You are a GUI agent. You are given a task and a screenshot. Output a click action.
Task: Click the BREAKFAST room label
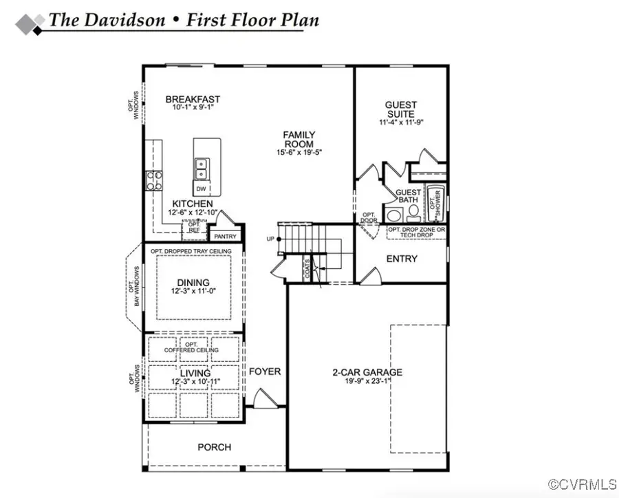coord(193,100)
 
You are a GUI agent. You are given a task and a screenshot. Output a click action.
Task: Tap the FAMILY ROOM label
coord(299,139)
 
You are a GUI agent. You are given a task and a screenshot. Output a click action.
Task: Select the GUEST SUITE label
coord(400,109)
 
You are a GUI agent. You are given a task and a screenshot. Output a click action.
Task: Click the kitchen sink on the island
coord(202,165)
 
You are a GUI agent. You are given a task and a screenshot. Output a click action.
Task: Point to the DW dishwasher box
coord(201,188)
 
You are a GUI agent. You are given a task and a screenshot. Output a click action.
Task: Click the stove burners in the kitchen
coord(153,180)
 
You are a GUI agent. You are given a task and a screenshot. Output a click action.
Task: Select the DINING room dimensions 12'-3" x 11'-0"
coord(194,291)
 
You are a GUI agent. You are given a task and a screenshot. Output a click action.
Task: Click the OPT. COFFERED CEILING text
coord(191,347)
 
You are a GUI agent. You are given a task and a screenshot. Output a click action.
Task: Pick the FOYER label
coord(265,371)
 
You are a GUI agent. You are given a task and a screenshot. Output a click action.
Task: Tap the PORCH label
coord(214,447)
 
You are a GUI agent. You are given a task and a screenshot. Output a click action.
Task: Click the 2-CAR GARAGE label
coord(367,373)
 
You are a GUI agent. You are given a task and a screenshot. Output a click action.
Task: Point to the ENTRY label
coord(402,259)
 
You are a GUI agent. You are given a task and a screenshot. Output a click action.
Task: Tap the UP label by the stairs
coord(271,239)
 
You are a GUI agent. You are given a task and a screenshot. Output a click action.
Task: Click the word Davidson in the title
coord(124,20)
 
